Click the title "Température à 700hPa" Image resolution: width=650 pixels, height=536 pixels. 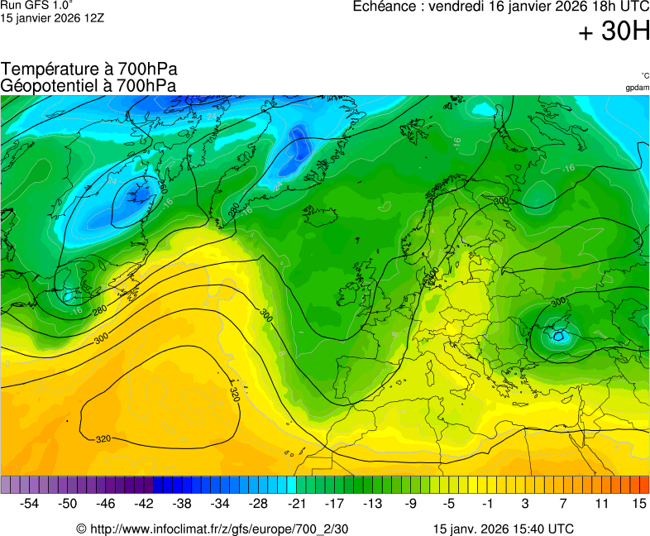[89, 69]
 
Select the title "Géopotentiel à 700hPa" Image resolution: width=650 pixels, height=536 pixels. [88, 85]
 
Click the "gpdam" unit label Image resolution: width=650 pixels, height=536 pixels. [637, 88]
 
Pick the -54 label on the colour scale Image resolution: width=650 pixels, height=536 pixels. [30, 503]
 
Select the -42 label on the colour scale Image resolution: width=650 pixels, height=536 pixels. [144, 503]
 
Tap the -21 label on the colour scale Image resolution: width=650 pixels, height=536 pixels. [296, 503]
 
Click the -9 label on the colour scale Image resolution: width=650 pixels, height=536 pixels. [410, 503]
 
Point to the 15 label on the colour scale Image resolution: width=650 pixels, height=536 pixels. [638, 503]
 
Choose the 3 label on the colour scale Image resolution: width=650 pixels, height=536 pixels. [524, 503]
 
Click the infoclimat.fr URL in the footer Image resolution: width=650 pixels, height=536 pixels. [213, 529]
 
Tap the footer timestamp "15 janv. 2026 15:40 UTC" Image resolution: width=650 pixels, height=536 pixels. [503, 529]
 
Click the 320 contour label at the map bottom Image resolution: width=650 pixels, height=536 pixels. [103, 438]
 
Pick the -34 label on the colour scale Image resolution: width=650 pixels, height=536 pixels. [220, 503]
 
